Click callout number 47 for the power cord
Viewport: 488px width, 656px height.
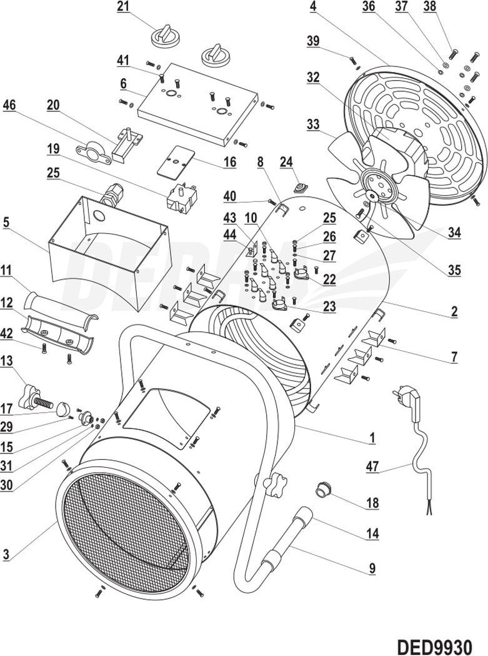click(373, 466)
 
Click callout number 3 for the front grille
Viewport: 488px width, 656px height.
click(6, 553)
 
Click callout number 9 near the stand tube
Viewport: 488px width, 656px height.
click(372, 568)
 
